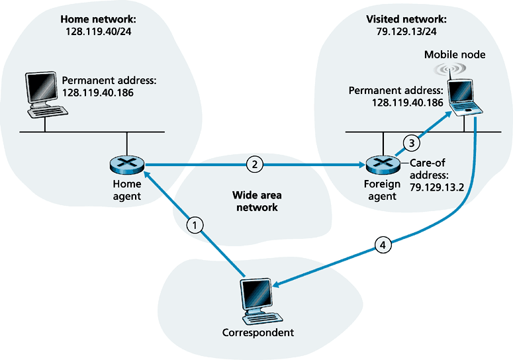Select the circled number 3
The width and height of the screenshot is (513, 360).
(410, 141)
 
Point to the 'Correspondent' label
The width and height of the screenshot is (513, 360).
(257, 332)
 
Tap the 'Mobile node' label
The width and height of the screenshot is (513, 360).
(455, 55)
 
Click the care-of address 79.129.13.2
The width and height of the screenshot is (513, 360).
(436, 188)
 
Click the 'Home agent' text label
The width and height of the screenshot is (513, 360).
(126, 191)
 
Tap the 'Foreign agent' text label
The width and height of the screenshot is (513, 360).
(381, 191)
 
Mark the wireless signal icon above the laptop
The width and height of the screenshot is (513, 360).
(454, 69)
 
